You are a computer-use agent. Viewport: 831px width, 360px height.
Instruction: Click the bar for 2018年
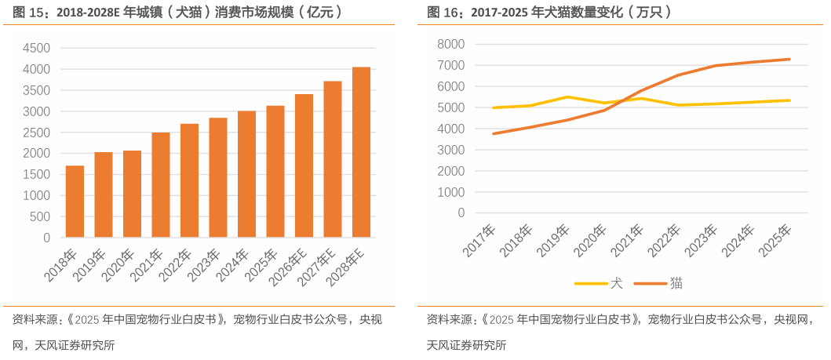pos(75,202)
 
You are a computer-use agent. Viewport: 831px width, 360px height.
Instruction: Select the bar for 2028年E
pos(361,152)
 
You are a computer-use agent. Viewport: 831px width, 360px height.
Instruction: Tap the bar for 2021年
pos(161,185)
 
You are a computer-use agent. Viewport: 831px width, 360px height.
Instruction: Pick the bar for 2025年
pos(275,171)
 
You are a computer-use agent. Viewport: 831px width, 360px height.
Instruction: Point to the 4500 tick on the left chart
pos(35,49)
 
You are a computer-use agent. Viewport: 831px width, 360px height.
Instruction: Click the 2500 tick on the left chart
pos(35,133)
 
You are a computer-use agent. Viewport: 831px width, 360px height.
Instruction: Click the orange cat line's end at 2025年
pos(789,60)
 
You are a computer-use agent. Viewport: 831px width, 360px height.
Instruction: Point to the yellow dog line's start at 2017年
pos(494,107)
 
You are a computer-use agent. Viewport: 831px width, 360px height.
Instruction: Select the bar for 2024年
pos(247,174)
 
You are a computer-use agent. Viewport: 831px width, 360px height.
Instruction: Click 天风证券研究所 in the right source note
pos(466,344)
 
